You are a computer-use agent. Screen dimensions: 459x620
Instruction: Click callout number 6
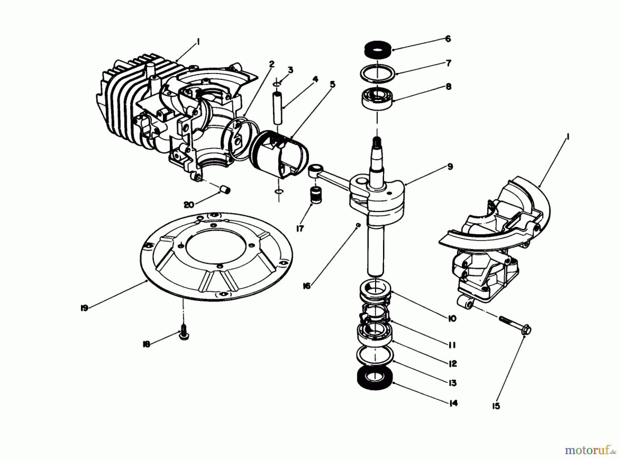tap(448, 39)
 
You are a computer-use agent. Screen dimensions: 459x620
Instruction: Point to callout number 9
tap(450, 167)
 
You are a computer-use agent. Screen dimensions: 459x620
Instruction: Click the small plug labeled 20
tap(225, 190)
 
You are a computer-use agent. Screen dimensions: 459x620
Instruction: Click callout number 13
tap(452, 383)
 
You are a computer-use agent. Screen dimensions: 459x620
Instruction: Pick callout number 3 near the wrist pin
tap(290, 70)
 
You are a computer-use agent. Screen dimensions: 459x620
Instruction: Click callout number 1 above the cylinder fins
tap(198, 42)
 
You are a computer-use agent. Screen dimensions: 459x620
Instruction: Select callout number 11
tap(452, 345)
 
